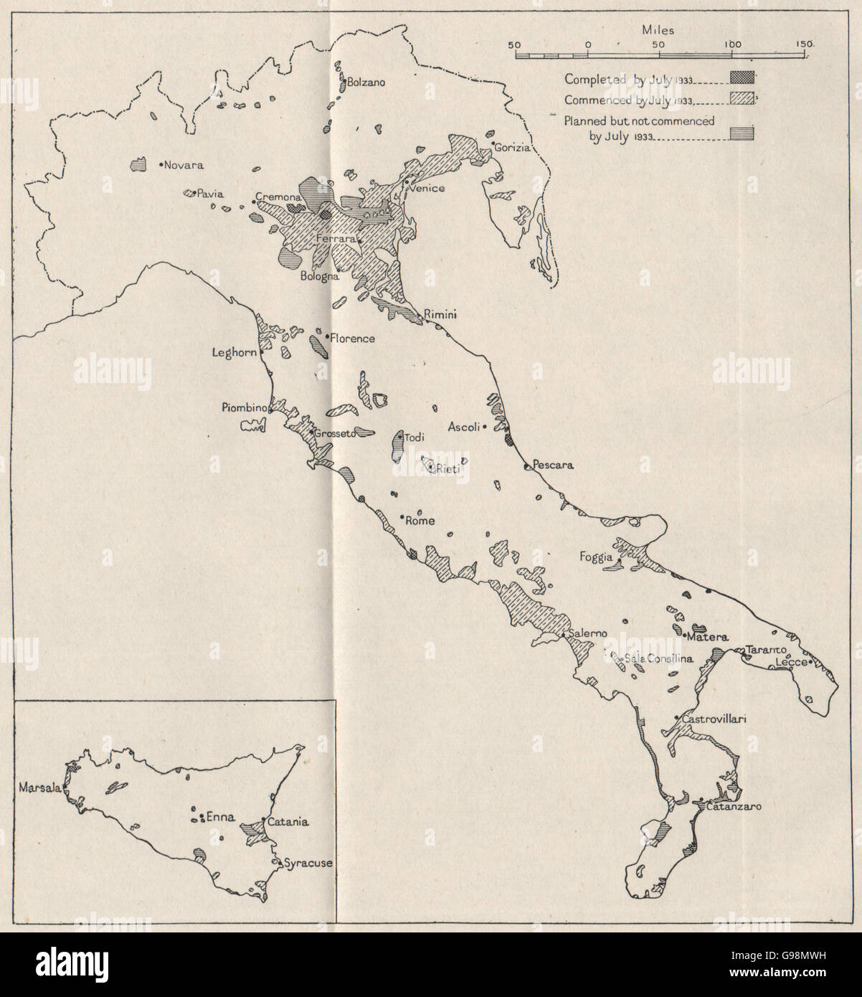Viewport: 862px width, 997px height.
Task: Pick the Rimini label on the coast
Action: point(441,315)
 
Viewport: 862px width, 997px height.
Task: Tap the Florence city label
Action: point(354,337)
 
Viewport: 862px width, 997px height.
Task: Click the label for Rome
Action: point(420,521)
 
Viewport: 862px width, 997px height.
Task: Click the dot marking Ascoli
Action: point(486,426)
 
